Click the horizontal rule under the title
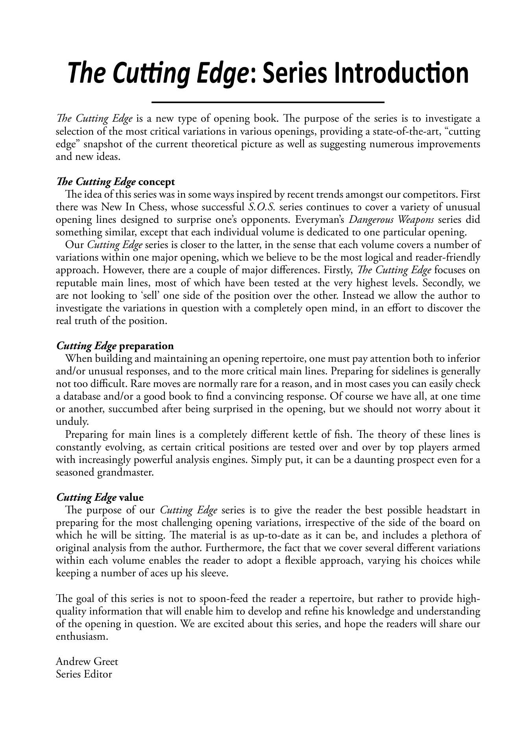point(268,102)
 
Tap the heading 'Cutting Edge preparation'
point(115,346)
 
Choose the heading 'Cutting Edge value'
point(100,497)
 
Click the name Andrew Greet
point(87,661)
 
